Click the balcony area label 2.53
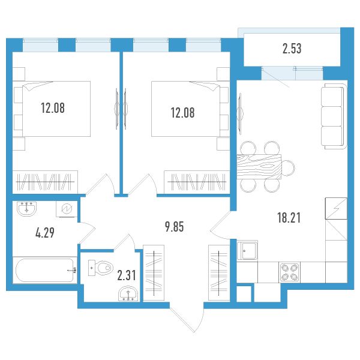pyautogui.click(x=292, y=49)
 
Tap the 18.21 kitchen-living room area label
pyautogui.click(x=289, y=218)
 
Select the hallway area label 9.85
pyautogui.click(x=174, y=227)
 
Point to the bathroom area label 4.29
pyautogui.click(x=45, y=233)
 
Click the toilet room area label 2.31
pyautogui.click(x=126, y=275)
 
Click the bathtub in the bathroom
pyautogui.click(x=45, y=270)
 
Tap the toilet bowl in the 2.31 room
pyautogui.click(x=101, y=268)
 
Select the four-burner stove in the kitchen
pyautogui.click(x=289, y=272)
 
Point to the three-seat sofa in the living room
pyautogui.click(x=334, y=116)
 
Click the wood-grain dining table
pyautogui.click(x=259, y=167)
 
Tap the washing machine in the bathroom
pyautogui.click(x=67, y=209)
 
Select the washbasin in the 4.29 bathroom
pyautogui.click(x=26, y=209)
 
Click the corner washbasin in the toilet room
pyautogui.click(x=128, y=293)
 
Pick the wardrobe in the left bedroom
pyautogui.click(x=45, y=182)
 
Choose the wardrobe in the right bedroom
pyautogui.click(x=197, y=182)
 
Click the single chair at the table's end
pyautogui.click(x=288, y=167)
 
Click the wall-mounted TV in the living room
pyautogui.click(x=240, y=114)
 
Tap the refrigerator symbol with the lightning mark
pyautogui.click(x=336, y=208)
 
